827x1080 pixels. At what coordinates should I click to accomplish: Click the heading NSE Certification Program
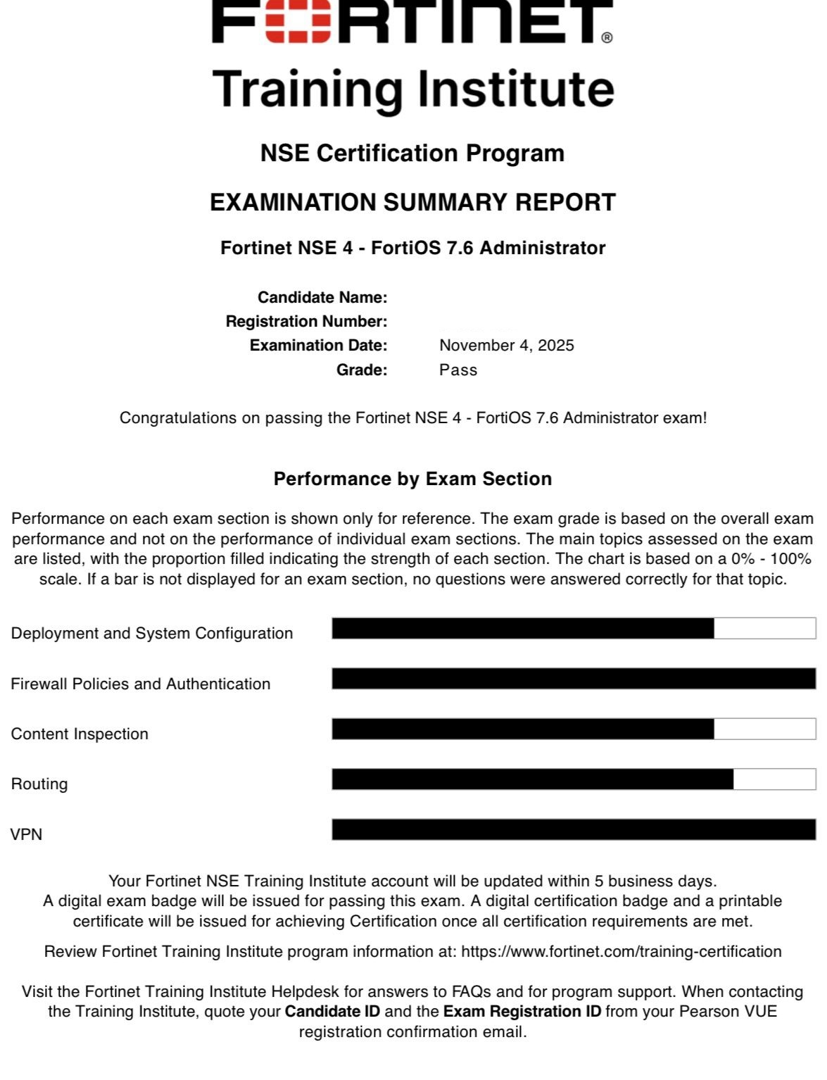[412, 153]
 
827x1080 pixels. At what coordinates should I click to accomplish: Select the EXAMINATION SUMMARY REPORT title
[412, 202]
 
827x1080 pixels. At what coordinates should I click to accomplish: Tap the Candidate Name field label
[322, 297]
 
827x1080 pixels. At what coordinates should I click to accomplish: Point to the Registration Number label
[306, 321]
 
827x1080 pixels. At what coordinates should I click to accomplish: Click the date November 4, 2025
[506, 345]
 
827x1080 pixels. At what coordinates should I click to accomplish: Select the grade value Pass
[458, 370]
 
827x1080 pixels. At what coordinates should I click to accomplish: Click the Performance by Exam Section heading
[412, 479]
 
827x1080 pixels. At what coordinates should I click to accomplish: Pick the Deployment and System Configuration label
[152, 633]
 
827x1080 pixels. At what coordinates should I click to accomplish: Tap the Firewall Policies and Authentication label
[141, 684]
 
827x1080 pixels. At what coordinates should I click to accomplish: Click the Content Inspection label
[80, 734]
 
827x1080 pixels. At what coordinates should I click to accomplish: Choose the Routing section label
[39, 784]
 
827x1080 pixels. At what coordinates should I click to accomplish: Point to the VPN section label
[27, 834]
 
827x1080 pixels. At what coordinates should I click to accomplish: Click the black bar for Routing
[532, 779]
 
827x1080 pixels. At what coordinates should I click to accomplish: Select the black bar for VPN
[574, 829]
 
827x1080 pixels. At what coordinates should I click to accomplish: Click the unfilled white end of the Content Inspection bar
[765, 729]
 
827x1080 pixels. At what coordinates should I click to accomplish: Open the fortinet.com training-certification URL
[621, 951]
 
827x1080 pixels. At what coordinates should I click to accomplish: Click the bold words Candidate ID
[332, 1011]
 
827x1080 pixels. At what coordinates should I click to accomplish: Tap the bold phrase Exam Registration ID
[522, 1011]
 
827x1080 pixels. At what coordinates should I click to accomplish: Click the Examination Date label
[318, 345]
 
